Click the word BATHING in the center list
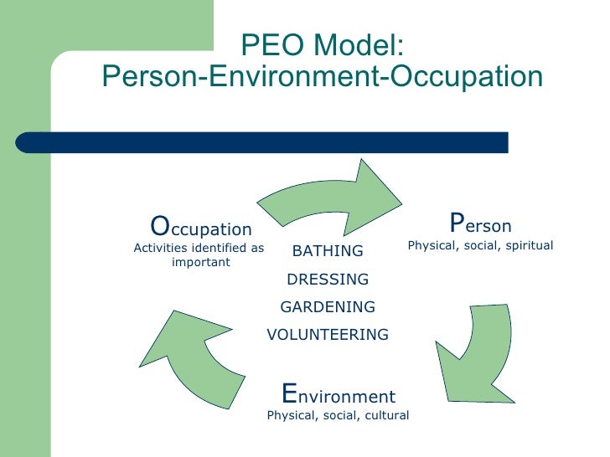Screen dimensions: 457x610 coord(328,251)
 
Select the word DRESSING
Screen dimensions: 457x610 coord(328,279)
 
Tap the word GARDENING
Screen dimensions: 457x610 coord(328,306)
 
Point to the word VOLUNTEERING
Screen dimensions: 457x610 coord(328,335)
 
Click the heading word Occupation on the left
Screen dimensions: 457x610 coord(201,228)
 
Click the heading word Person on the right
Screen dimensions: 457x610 coord(480,225)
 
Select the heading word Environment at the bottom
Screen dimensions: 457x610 coord(339,395)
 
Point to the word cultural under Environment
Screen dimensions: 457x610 coord(386,415)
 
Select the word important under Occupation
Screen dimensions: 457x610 coord(200,262)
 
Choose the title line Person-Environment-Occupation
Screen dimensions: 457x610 coord(323,76)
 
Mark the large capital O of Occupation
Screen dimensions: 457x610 coord(159,226)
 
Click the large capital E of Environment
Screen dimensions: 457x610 coord(290,393)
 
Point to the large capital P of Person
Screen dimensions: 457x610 coord(457,223)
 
